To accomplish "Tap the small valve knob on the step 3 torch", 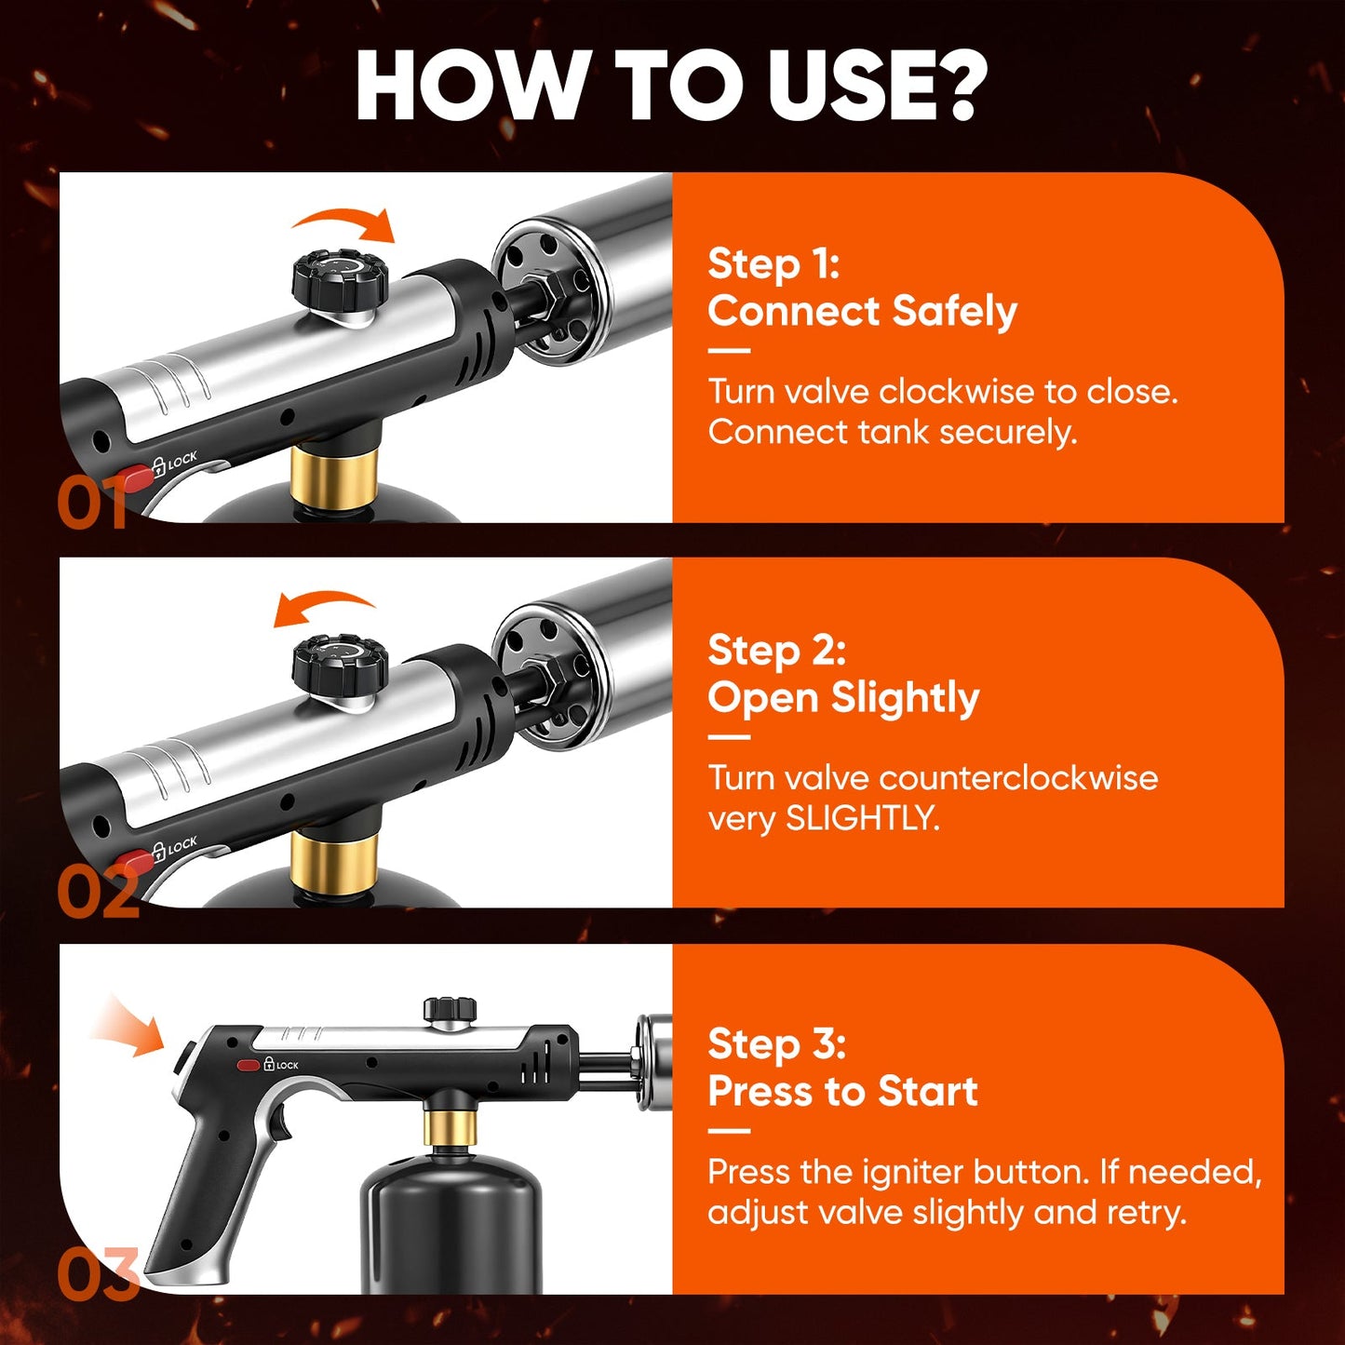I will tap(451, 1009).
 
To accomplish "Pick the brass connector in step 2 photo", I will tap(332, 861).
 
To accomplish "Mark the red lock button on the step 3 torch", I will tap(249, 1065).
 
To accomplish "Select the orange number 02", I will tap(98, 892).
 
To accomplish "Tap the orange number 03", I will tap(98, 1275).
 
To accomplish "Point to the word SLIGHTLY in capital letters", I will tap(861, 818).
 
